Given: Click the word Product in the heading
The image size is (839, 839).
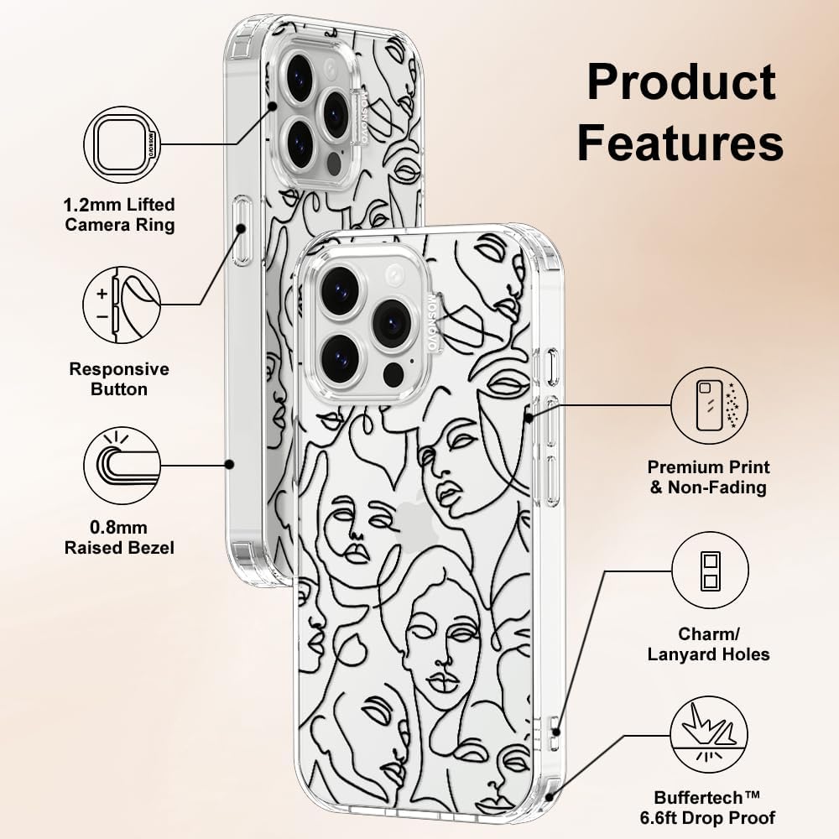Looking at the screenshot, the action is tap(681, 82).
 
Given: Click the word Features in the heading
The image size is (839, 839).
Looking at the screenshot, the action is tap(680, 142).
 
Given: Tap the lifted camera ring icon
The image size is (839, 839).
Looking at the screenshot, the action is tap(122, 145).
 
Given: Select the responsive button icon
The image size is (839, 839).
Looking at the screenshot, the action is tap(122, 305).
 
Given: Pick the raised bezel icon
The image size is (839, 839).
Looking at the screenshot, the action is tap(122, 465).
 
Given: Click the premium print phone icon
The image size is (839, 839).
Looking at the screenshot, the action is tap(710, 405).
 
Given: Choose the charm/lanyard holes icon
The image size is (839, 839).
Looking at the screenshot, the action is tap(710, 571).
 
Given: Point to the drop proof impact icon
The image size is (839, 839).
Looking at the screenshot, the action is tap(710, 735).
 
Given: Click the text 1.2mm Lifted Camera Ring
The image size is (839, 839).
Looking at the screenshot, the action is tap(119, 215).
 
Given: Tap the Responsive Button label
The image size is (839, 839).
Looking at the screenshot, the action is tap(119, 379).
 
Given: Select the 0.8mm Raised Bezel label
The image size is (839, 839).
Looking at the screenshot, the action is tap(119, 537).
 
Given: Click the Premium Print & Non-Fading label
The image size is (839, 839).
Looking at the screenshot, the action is tap(708, 477).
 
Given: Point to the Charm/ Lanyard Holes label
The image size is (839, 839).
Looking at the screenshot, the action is tap(708, 644).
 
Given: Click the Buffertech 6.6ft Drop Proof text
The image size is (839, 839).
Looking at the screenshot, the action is tap(707, 807).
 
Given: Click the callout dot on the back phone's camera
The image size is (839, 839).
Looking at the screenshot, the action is tap(273, 106).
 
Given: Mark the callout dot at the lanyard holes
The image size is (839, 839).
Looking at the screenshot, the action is tap(556, 732).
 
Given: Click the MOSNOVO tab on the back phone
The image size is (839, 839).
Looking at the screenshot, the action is tap(362, 117).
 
